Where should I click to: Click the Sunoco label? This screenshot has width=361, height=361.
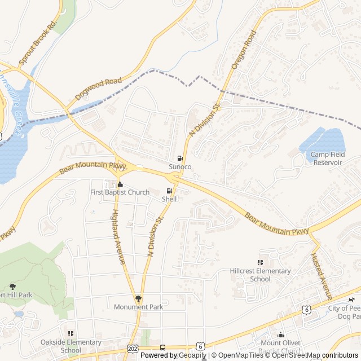tap(180, 167)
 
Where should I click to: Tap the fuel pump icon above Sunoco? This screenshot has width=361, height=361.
tap(180, 159)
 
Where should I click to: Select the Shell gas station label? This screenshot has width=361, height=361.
tap(169, 199)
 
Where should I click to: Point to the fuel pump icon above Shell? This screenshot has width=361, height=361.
tap(169, 191)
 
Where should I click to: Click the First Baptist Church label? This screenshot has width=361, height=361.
tap(120, 192)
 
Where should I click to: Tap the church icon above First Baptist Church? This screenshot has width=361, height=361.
tap(120, 184)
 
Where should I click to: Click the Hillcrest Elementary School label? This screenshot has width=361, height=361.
tap(260, 275)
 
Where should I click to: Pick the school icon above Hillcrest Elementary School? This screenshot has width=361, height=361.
tap(260, 262)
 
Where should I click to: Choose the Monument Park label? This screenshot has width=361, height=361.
tap(138, 307)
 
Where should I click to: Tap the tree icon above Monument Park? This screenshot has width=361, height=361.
tap(138, 298)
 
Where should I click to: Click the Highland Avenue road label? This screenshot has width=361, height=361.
tap(118, 237)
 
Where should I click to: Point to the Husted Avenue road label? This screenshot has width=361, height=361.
tap(322, 276)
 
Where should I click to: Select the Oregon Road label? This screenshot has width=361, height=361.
tap(243, 50)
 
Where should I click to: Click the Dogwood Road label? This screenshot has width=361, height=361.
tap(99, 89)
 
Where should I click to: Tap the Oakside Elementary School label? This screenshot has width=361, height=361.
tap(71, 346)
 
